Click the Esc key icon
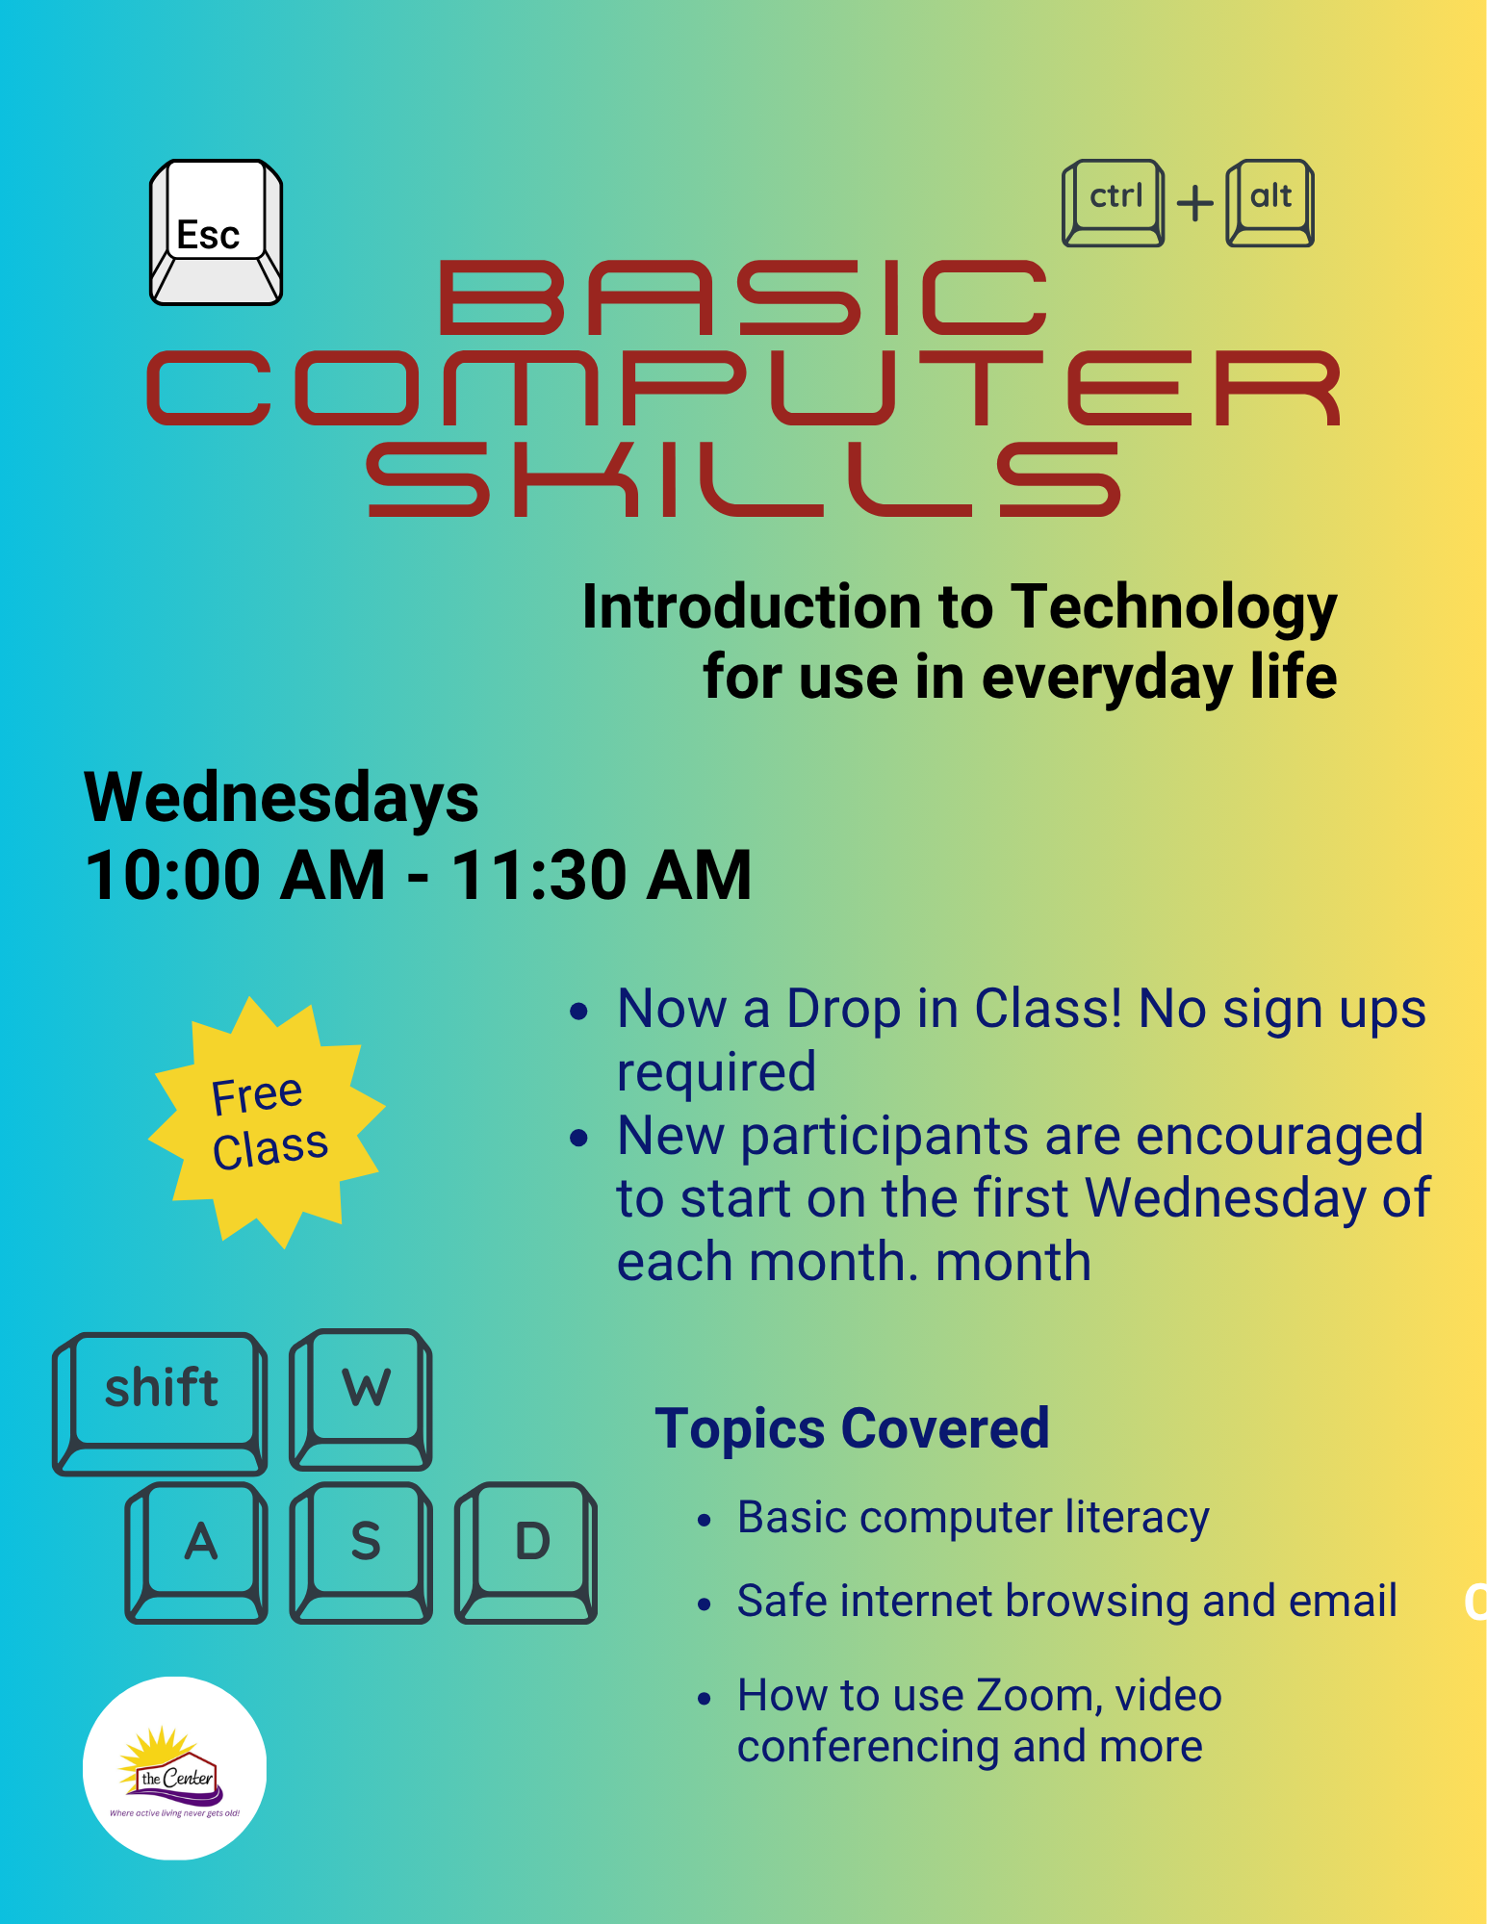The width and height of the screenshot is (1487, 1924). point(216,232)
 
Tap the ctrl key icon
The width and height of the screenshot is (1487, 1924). point(1113,203)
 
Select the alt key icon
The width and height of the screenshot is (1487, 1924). point(1269,203)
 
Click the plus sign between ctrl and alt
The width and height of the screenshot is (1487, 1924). point(1195,204)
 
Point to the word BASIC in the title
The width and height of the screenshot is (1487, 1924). point(743,297)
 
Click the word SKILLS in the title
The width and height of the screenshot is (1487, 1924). point(744,479)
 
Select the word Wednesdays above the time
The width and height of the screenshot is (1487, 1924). point(281,798)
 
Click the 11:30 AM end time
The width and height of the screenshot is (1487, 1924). point(602,875)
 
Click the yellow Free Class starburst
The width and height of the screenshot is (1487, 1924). point(267,1122)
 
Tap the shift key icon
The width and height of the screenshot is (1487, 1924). point(160,1403)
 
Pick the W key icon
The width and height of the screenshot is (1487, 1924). point(361,1399)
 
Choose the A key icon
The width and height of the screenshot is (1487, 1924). point(196,1552)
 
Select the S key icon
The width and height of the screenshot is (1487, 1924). point(361,1552)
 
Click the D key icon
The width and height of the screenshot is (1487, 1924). point(526,1552)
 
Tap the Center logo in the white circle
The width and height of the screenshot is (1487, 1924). point(174,1769)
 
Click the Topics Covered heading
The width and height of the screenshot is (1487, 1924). point(852,1428)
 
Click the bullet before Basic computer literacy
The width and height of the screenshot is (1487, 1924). point(705,1521)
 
